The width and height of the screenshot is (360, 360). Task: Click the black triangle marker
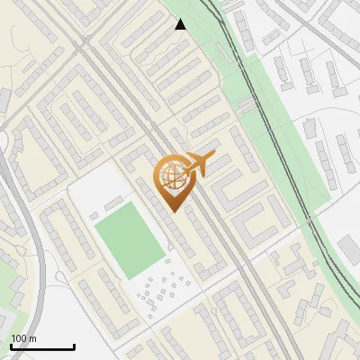[x=181, y=24]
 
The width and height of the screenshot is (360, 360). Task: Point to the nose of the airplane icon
[x=213, y=157]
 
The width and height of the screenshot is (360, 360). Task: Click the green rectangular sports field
[x=129, y=240]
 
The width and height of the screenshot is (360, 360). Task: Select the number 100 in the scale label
[x=18, y=338]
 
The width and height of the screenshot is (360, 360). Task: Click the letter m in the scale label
[x=31, y=338]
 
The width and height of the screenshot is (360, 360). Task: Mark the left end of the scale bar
[x=11, y=346]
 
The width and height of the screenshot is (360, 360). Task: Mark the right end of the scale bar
[x=74, y=346]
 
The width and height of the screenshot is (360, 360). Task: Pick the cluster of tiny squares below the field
[x=162, y=288]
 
